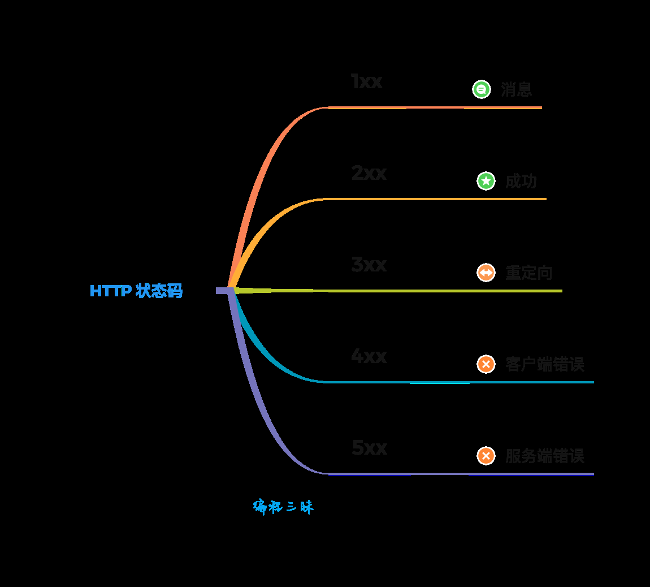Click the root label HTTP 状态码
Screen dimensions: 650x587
click(x=136, y=291)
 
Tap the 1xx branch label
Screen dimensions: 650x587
click(x=366, y=81)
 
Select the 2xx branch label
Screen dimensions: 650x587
click(x=369, y=173)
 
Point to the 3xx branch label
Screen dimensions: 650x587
click(x=369, y=265)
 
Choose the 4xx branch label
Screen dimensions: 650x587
click(x=369, y=356)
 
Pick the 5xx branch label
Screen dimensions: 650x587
click(x=369, y=448)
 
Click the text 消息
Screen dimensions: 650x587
click(x=516, y=89)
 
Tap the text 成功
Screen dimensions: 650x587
click(x=521, y=181)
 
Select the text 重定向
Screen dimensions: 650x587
click(x=528, y=273)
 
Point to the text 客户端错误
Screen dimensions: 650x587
click(x=544, y=364)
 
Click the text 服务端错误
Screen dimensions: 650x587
click(x=544, y=456)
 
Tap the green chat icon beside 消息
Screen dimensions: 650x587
click(x=481, y=89)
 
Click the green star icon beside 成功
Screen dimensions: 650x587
click(x=486, y=181)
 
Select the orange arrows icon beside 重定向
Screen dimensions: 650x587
click(x=486, y=273)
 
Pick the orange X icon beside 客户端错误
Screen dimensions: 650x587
click(x=486, y=364)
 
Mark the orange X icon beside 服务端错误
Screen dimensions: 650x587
click(x=486, y=456)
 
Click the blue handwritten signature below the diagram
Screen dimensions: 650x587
click(x=283, y=507)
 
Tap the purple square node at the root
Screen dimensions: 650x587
click(x=224, y=291)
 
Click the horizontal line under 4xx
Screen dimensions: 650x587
click(x=458, y=382)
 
